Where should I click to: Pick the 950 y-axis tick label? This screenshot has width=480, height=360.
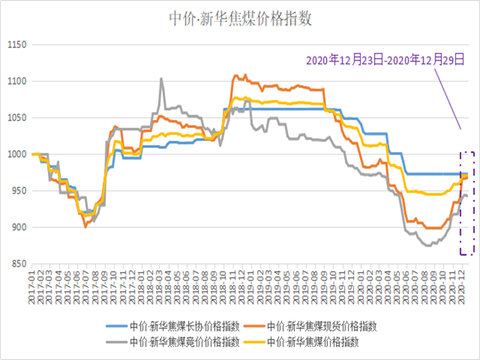pyautogui.click(x=16, y=191)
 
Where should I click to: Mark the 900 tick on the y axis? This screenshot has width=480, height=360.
pyautogui.click(x=16, y=227)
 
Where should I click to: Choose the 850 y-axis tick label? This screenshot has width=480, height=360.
pyautogui.click(x=16, y=264)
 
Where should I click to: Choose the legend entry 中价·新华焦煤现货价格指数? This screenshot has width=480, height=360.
pyautogui.click(x=322, y=326)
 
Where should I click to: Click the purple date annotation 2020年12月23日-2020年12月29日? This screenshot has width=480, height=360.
pyautogui.click(x=385, y=60)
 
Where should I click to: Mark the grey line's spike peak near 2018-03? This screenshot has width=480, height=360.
pyautogui.click(x=161, y=79)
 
